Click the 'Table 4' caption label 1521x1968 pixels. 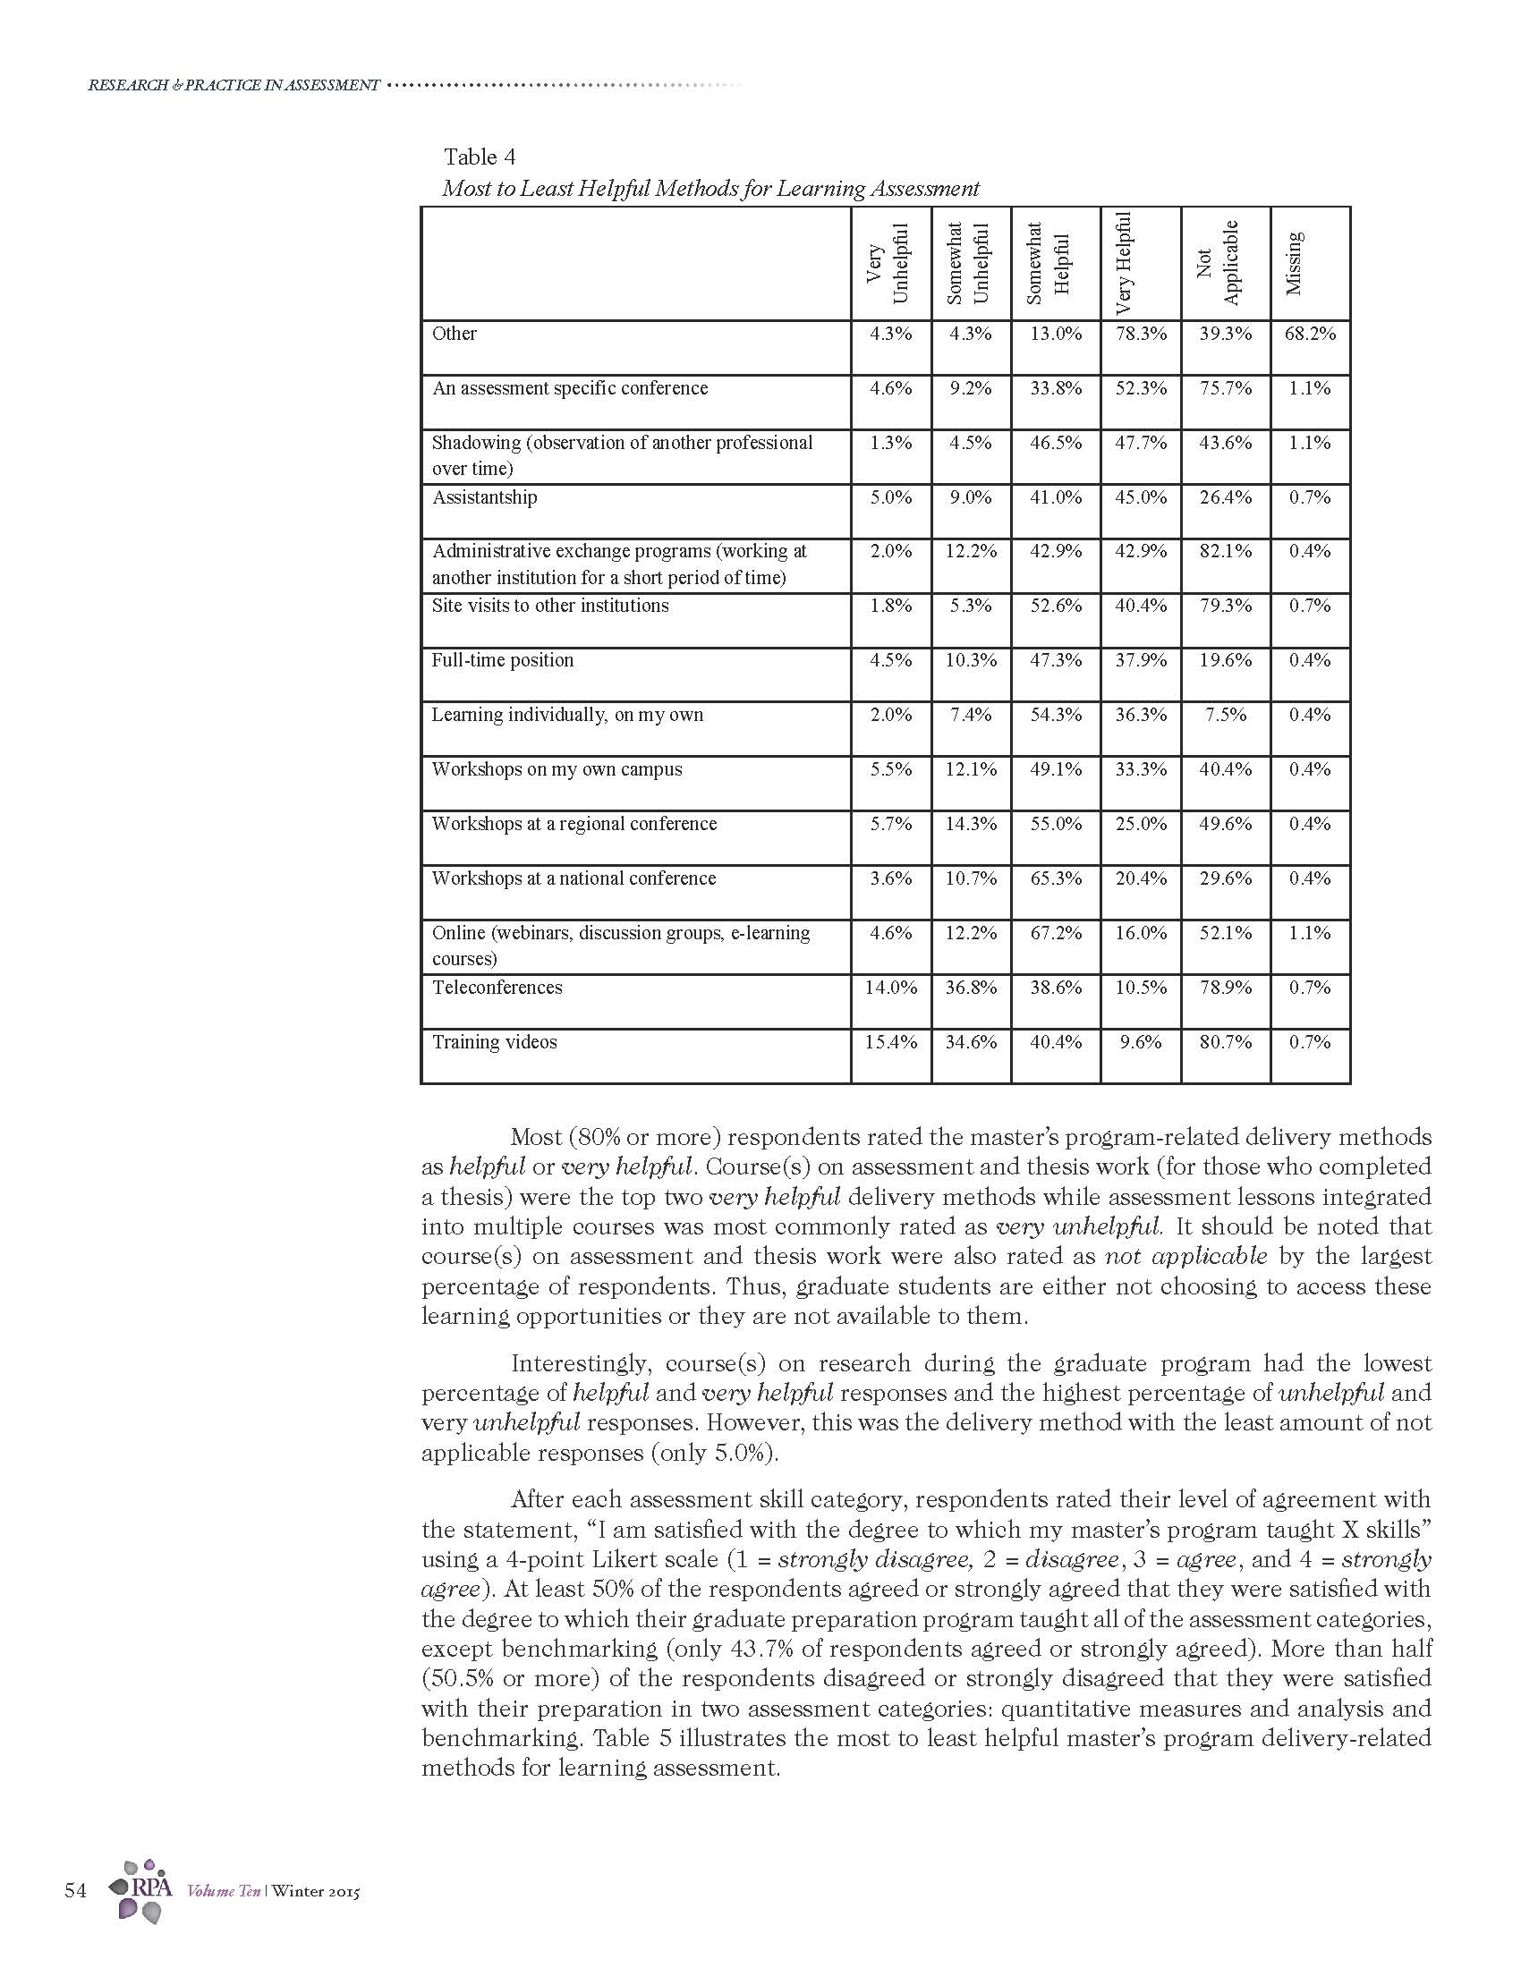pyautogui.click(x=480, y=157)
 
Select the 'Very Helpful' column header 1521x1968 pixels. pyautogui.click(x=1124, y=263)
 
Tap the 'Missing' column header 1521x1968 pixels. pyautogui.click(x=1294, y=263)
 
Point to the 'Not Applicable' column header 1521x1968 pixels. pyautogui.click(x=1218, y=263)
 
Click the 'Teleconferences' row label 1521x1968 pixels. pyautogui.click(x=497, y=988)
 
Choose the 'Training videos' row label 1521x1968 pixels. pyautogui.click(x=494, y=1042)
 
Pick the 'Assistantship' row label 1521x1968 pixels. pyautogui.click(x=484, y=497)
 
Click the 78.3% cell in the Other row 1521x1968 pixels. pyautogui.click(x=1140, y=334)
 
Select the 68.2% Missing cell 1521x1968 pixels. pyautogui.click(x=1309, y=334)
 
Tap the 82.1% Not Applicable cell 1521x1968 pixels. pyautogui.click(x=1225, y=551)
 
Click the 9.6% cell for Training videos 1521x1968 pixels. pyautogui.click(x=1140, y=1042)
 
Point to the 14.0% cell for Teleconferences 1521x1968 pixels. pyautogui.click(x=890, y=988)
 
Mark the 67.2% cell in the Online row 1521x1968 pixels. pyautogui.click(x=1055, y=934)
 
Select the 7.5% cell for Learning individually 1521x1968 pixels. pyautogui.click(x=1225, y=716)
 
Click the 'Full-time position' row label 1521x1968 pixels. pyautogui.click(x=502, y=660)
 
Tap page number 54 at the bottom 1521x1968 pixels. pyautogui.click(x=76, y=1890)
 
